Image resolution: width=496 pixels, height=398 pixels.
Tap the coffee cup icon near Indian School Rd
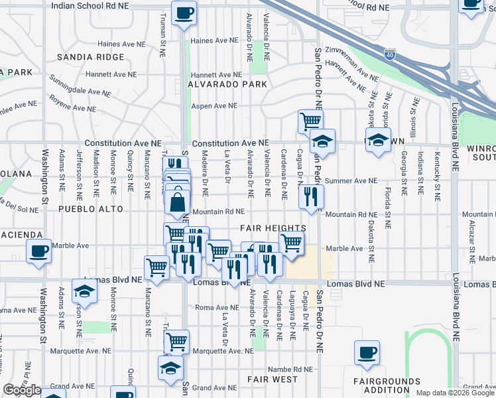coord(184,13)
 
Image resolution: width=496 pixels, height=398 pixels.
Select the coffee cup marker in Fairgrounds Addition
coord(367,354)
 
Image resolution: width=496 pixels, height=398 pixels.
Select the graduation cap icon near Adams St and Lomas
coord(85,291)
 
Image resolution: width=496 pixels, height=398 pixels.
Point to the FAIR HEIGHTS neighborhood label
coord(278,228)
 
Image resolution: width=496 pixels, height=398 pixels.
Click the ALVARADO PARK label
coord(227,84)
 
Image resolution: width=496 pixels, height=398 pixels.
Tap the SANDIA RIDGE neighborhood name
coord(91,57)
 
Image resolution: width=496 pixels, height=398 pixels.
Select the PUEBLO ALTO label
coord(91,208)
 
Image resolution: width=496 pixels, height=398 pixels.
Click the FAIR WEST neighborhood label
coord(273,379)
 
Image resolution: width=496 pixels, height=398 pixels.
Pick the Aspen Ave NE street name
coord(214,105)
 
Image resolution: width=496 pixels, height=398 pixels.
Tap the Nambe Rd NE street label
coord(289,369)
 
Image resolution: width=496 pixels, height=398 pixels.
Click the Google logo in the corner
coord(22,391)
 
